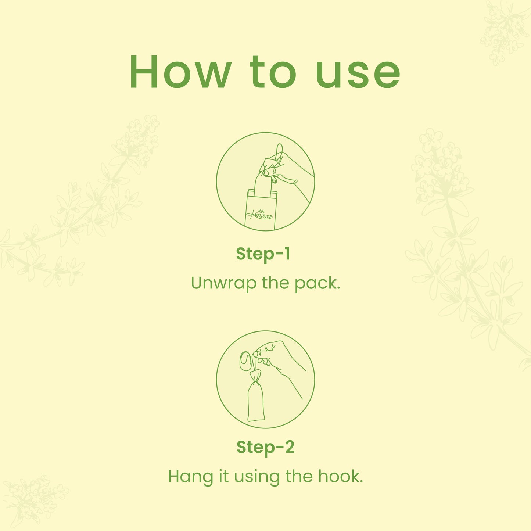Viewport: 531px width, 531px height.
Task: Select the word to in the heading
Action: [273, 72]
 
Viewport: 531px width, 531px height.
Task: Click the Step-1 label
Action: [263, 254]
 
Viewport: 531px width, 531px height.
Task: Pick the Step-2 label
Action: [265, 447]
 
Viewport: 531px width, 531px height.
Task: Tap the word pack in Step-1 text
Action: [317, 284]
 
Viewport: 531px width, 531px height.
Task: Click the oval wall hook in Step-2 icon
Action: [245, 361]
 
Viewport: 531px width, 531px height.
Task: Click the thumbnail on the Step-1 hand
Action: [266, 173]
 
